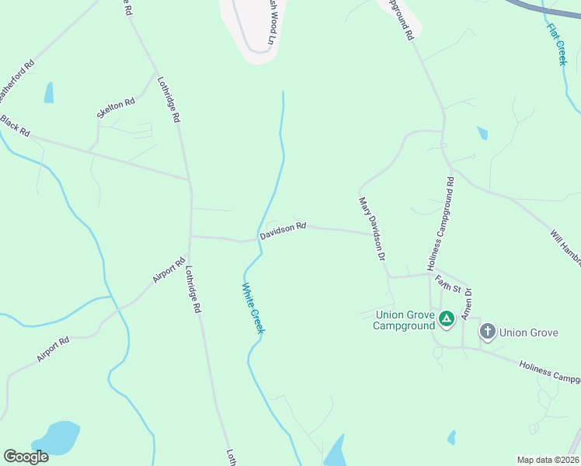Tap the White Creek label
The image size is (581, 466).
point(252,308)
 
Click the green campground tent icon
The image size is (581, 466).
point(447,318)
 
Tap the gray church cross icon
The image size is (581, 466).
point(487,332)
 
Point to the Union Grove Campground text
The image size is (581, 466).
point(405,320)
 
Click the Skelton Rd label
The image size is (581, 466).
point(116,109)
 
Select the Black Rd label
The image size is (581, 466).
point(15,125)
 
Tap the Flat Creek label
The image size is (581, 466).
point(557,43)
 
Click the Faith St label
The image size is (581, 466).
point(448,284)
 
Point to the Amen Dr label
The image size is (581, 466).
point(468,302)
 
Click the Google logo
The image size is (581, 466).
point(26,457)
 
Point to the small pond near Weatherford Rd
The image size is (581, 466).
point(49,92)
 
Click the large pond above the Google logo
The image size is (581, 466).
point(54,437)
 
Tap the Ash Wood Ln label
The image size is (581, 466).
point(270,21)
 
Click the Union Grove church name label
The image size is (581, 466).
point(529,332)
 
